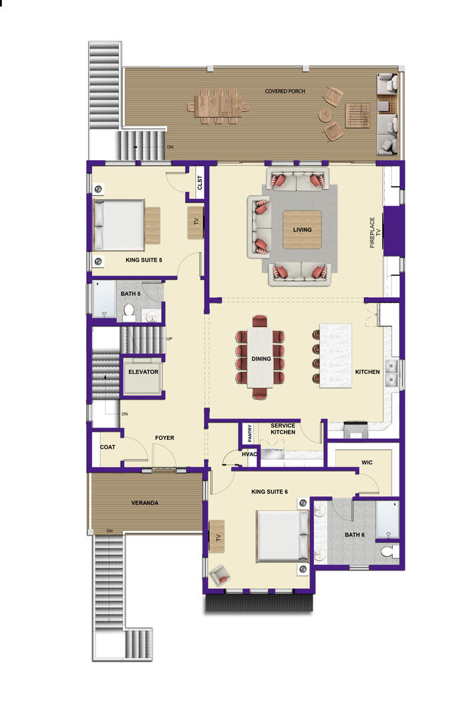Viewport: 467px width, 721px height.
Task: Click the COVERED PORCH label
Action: pyautogui.click(x=285, y=91)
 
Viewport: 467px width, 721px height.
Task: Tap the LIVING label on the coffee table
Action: pyautogui.click(x=302, y=230)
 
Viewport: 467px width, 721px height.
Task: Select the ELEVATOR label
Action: pyautogui.click(x=143, y=372)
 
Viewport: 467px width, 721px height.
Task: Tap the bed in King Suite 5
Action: pyautogui.click(x=119, y=225)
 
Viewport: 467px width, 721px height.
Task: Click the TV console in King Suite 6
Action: pyautogui.click(x=216, y=536)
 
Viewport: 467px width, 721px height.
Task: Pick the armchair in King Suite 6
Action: pyautogui.click(x=219, y=575)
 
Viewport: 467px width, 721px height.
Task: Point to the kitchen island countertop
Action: pyautogui.click(x=335, y=356)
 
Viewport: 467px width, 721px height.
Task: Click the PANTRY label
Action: pyautogui.click(x=250, y=433)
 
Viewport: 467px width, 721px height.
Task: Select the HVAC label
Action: pyautogui.click(x=249, y=455)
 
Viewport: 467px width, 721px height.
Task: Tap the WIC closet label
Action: pyautogui.click(x=367, y=463)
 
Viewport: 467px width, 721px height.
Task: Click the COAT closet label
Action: pyautogui.click(x=107, y=447)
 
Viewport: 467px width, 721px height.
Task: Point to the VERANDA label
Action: pyautogui.click(x=144, y=503)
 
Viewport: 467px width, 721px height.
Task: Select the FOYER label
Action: pyautogui.click(x=164, y=438)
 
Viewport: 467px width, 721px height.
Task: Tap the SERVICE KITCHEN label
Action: pyautogui.click(x=283, y=429)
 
